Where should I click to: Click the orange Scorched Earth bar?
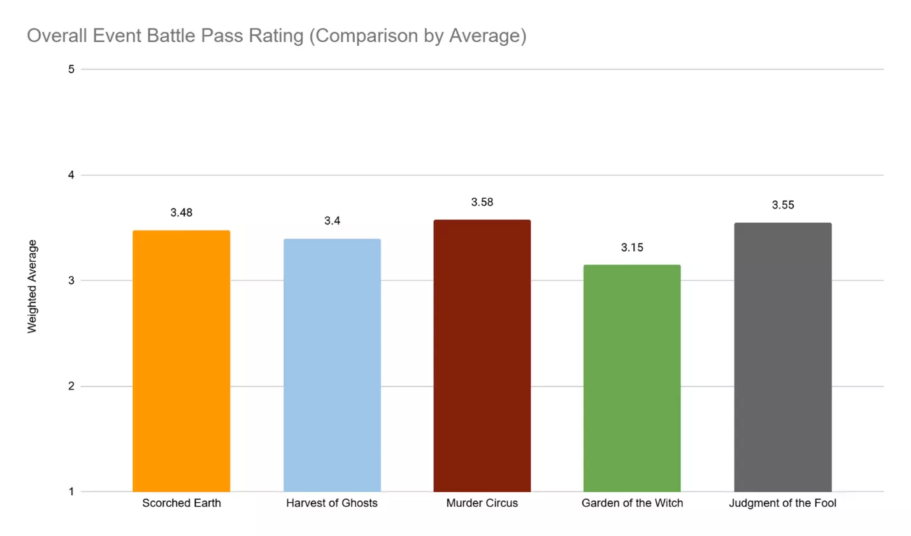point(181,361)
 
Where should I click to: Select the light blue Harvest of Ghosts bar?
point(332,365)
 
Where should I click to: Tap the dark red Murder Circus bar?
point(482,356)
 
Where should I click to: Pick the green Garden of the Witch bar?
point(632,378)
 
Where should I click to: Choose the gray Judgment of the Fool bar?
point(782,357)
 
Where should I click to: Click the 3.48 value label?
point(181,213)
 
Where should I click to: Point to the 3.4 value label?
point(332,221)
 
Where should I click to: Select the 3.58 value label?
point(482,202)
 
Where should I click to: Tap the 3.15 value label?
point(632,247)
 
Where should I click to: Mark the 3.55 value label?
point(782,205)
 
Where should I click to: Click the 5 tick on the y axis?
point(71,69)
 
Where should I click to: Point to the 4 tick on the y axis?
point(71,175)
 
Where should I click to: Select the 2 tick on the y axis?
point(71,386)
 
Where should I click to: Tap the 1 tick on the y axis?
point(71,491)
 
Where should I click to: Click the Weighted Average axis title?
point(32,286)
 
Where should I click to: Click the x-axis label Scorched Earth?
point(181,503)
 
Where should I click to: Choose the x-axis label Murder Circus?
point(482,503)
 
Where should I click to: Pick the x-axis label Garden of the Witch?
point(632,503)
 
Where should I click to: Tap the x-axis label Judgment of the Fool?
point(782,503)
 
